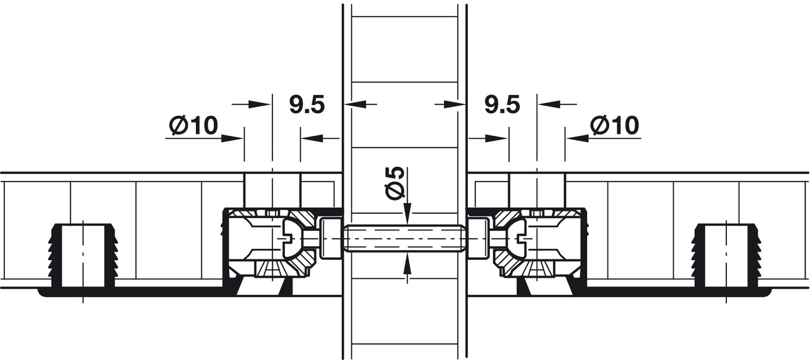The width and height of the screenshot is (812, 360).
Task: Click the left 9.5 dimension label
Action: click(x=307, y=105)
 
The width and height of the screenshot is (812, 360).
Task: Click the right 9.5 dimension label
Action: click(x=502, y=105)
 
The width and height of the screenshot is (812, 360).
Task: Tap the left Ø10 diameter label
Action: click(x=194, y=125)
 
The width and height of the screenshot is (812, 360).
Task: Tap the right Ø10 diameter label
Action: click(x=614, y=125)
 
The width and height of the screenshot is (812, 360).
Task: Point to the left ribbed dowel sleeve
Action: click(x=83, y=256)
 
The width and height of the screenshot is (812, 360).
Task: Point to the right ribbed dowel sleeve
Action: click(x=726, y=256)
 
